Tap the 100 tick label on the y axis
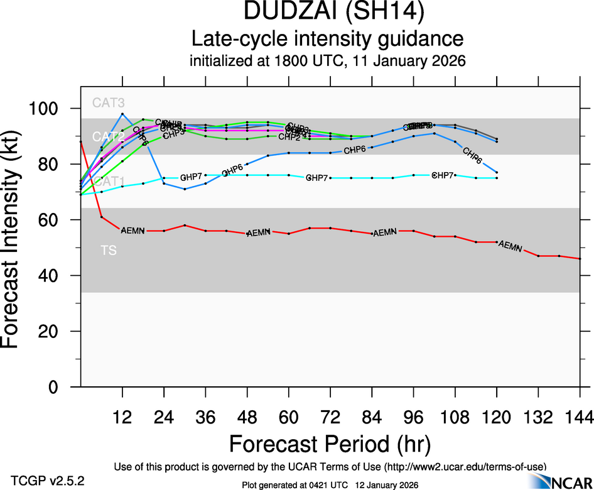click(x=50, y=109)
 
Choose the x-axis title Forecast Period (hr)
click(x=330, y=445)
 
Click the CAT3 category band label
click(x=109, y=102)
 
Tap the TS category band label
click(x=109, y=250)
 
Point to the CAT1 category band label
click(x=109, y=182)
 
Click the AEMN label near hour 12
click(x=132, y=231)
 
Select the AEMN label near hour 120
click(x=510, y=246)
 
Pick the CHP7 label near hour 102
click(x=443, y=175)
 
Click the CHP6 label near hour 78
click(x=355, y=150)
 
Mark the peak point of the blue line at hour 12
click(x=122, y=114)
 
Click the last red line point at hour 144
click(x=580, y=259)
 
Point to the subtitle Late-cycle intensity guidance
click(x=327, y=39)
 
